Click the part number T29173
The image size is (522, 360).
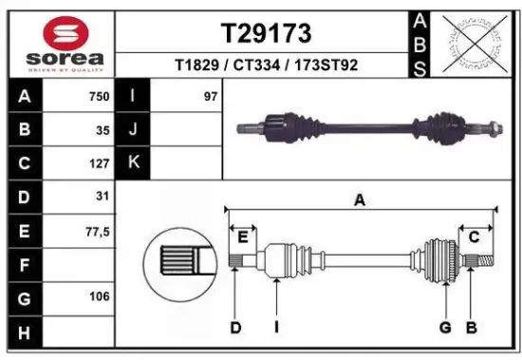click(x=266, y=34)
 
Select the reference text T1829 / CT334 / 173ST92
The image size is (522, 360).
click(x=266, y=66)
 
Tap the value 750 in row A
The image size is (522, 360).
click(x=98, y=96)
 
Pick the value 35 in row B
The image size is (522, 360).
click(x=103, y=129)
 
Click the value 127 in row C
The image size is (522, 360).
click(x=99, y=162)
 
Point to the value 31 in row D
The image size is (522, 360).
click(x=103, y=196)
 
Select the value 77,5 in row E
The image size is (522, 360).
click(x=97, y=230)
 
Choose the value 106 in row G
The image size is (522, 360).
click(x=99, y=296)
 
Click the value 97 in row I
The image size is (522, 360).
click(x=210, y=96)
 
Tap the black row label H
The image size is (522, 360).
click(x=23, y=331)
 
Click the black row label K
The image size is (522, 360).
click(x=133, y=162)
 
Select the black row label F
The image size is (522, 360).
click(x=23, y=263)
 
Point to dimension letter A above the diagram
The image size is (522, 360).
click(x=360, y=199)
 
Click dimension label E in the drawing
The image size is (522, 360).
click(x=243, y=237)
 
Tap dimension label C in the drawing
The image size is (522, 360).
click(x=473, y=237)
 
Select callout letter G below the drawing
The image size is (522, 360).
click(x=442, y=329)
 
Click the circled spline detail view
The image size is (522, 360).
click(x=180, y=259)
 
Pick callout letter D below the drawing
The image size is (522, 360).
click(x=235, y=329)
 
